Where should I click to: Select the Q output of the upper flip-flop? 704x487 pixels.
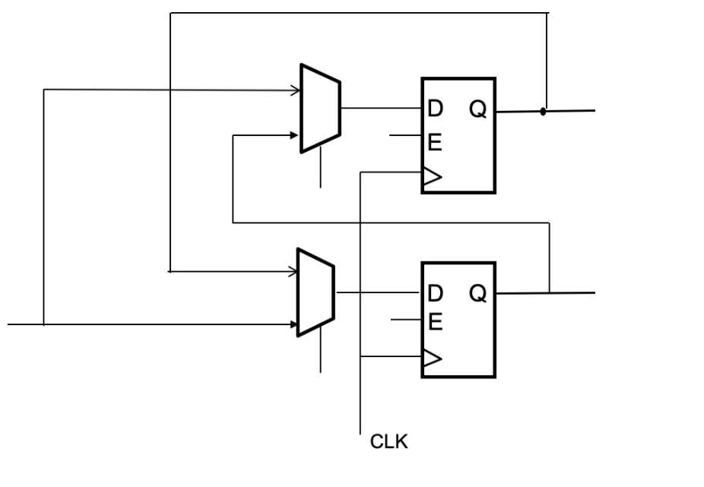(x=477, y=110)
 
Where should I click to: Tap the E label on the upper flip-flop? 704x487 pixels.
(x=435, y=142)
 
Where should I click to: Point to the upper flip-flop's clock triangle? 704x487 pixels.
(x=432, y=178)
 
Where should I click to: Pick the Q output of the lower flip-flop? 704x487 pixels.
(x=477, y=293)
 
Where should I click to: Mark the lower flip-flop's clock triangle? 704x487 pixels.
(x=432, y=359)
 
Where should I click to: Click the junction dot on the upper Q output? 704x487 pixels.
(x=543, y=111)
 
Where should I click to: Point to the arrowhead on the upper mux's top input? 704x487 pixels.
(x=297, y=90)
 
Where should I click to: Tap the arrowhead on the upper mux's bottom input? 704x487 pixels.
(x=295, y=135)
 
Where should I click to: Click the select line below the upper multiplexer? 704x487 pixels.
(x=321, y=168)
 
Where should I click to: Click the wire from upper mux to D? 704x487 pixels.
(x=381, y=108)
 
